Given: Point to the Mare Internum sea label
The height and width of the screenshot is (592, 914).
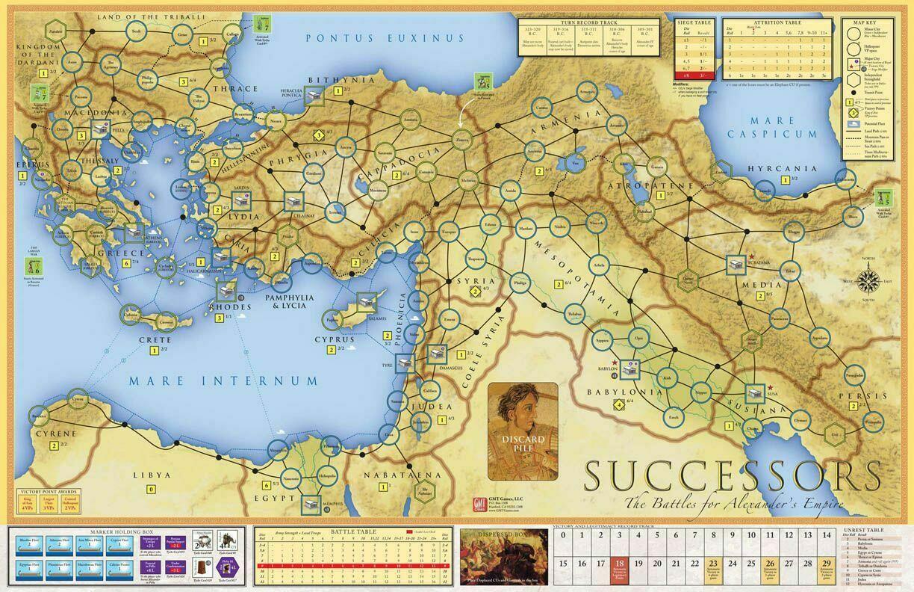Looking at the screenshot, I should [223, 380].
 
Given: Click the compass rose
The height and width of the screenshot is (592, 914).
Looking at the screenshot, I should [867, 280].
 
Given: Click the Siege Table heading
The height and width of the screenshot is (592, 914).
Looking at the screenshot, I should [691, 23].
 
